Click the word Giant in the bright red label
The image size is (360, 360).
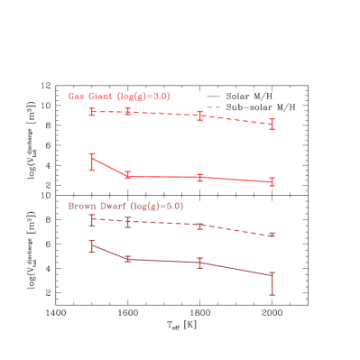(x=100, y=97)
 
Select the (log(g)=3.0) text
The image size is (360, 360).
(x=143, y=97)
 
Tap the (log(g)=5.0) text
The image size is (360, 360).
(x=157, y=207)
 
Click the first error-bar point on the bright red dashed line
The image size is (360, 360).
(x=92, y=112)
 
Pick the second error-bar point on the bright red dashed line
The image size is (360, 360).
(x=127, y=112)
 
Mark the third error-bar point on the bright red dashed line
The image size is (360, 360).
(x=199, y=115)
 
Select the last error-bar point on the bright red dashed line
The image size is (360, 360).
(x=272, y=125)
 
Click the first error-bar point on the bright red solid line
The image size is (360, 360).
(x=92, y=160)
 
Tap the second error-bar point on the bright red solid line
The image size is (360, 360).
(x=127, y=176)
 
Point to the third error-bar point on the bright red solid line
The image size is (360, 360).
(x=199, y=177)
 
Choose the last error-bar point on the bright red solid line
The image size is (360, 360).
(x=272, y=182)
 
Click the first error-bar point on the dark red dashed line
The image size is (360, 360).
(x=92, y=219)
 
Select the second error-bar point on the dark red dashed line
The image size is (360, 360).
(x=127, y=222)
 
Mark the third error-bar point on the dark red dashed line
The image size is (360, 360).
(x=199, y=226)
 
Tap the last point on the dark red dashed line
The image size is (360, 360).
(x=272, y=235)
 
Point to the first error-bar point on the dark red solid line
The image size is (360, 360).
(x=92, y=245)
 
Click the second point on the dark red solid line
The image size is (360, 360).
(x=127, y=259)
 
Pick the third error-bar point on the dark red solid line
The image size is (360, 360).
(x=199, y=263)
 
